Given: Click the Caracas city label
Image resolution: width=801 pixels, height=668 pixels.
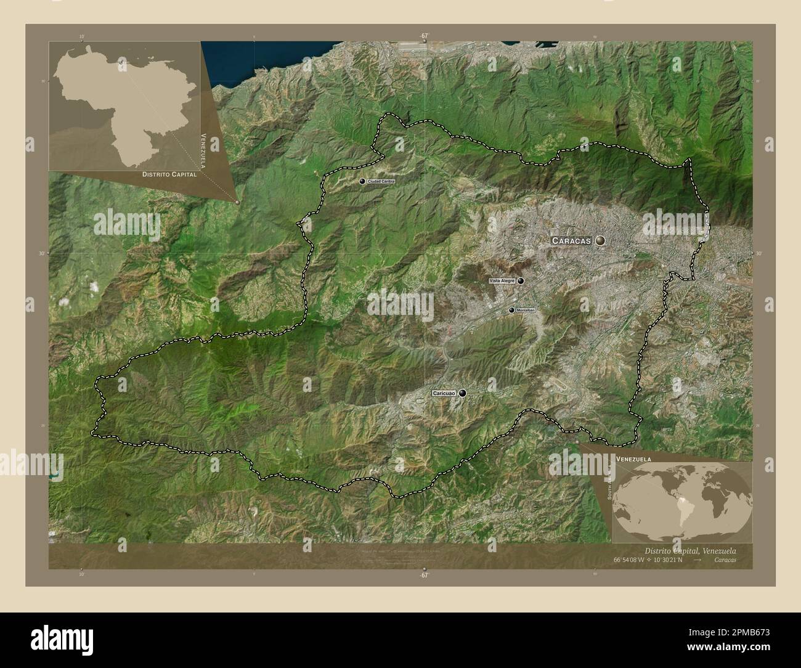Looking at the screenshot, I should coord(571,240).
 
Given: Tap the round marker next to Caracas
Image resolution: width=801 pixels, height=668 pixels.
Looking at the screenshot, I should coord(600,240).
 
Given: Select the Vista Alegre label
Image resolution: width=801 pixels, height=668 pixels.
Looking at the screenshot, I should coord(502,281).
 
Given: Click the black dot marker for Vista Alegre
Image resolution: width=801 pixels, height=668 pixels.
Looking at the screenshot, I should coord(521,281).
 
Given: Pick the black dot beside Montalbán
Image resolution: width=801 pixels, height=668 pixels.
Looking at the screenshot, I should coord(511,310).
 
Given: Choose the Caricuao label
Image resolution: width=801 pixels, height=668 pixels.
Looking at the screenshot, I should coord(444,393).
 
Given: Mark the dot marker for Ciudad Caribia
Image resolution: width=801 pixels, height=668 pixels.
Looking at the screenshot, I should coord(362,181).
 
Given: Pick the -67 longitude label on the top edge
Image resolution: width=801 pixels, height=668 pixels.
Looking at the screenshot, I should coord(424,36).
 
